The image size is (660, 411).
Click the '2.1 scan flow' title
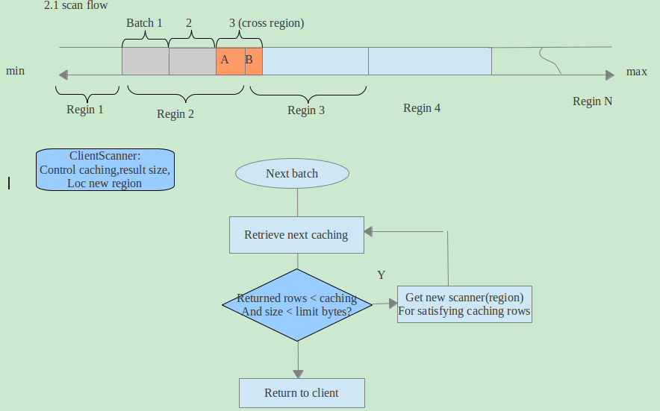click(x=75, y=5)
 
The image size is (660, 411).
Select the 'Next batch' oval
click(x=292, y=174)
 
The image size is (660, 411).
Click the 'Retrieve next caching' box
click(x=296, y=235)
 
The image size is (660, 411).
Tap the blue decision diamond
click(x=297, y=304)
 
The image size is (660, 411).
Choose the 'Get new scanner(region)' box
click(x=464, y=304)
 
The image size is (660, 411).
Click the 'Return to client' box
click(x=302, y=393)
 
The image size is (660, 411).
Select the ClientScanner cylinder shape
click(x=105, y=169)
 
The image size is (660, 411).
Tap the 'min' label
click(x=16, y=71)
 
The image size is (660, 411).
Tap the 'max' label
click(x=636, y=72)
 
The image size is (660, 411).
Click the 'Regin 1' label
click(x=85, y=110)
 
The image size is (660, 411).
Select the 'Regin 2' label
click(x=175, y=114)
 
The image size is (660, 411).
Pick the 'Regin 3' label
click(x=306, y=110)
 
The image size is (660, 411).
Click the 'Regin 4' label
click(x=422, y=108)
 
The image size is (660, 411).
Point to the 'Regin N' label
click(x=592, y=101)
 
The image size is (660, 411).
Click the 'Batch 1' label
click(x=144, y=23)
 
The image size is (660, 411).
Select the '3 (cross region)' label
click(x=267, y=23)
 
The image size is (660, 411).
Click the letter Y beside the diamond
click(x=381, y=275)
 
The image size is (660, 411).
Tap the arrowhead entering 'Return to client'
click(x=298, y=374)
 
